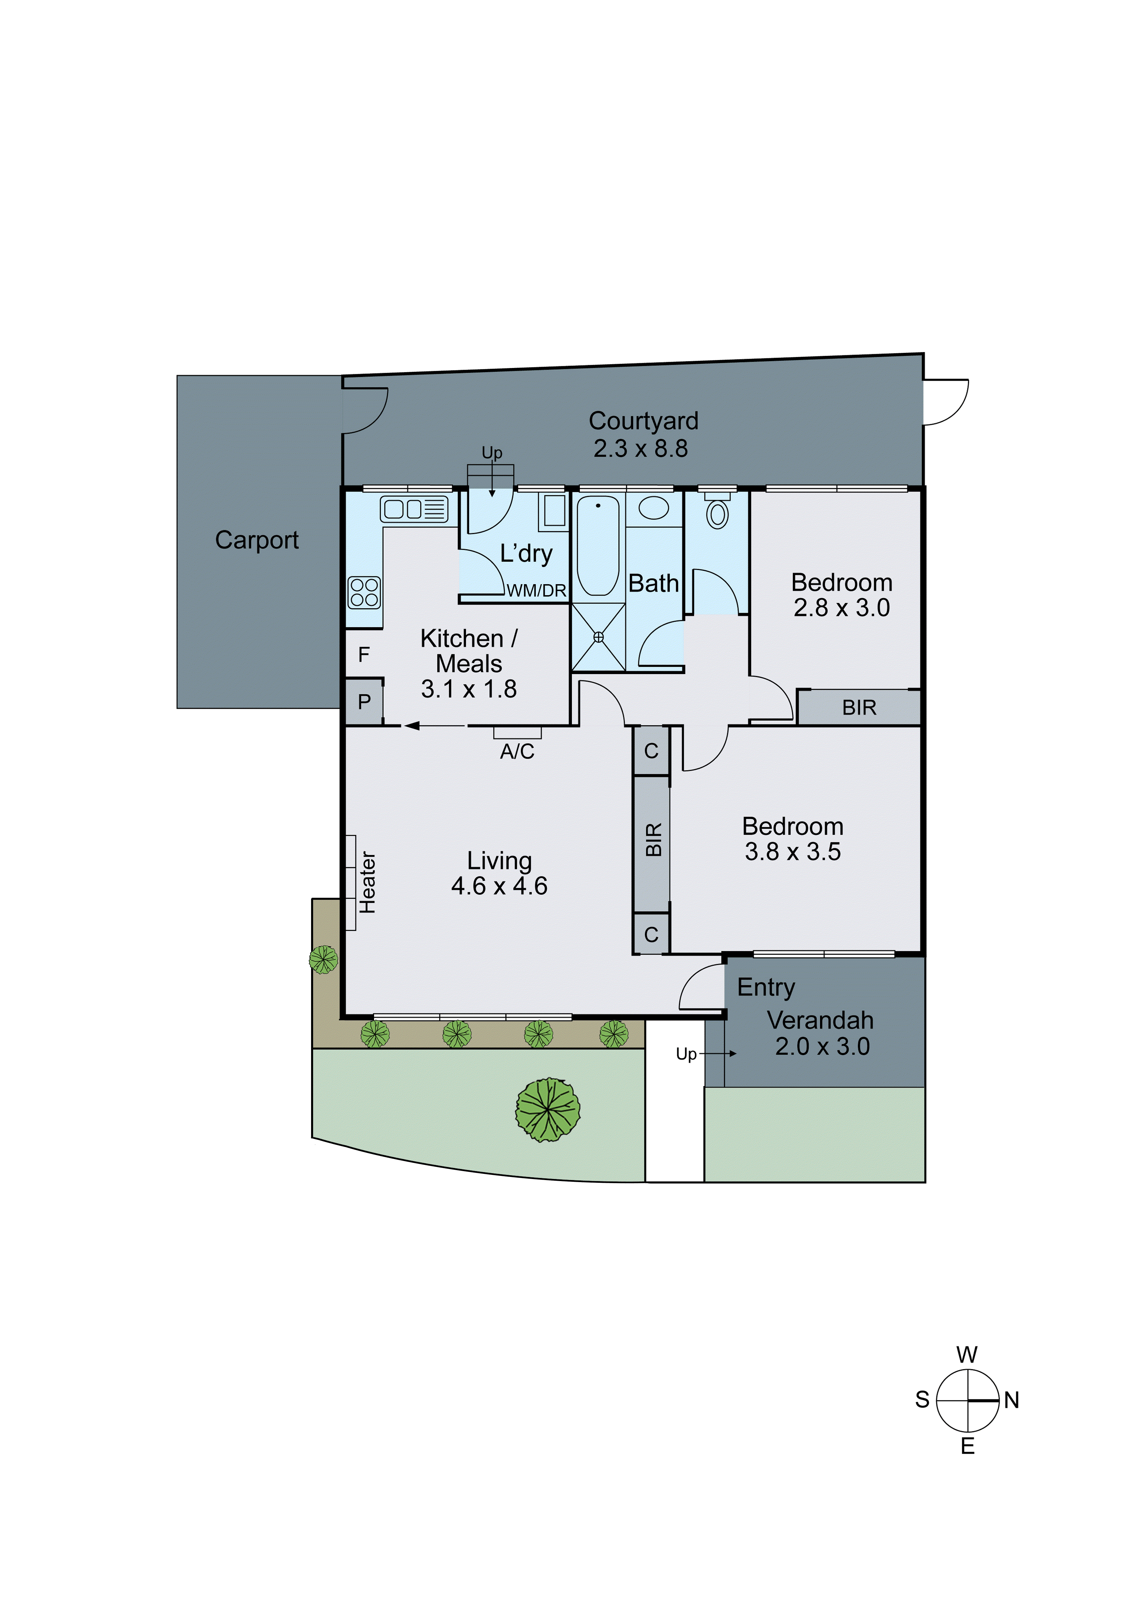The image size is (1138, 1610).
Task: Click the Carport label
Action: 257,540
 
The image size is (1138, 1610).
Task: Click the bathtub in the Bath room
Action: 598,546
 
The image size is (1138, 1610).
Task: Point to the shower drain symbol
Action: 598,637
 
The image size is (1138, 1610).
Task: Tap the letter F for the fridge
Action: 364,655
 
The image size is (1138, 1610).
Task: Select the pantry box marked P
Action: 364,702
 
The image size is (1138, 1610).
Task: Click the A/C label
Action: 518,752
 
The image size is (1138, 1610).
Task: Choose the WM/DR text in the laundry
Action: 536,591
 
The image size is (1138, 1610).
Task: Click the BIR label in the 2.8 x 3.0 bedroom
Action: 859,708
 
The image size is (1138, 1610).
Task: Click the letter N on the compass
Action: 1011,1400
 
